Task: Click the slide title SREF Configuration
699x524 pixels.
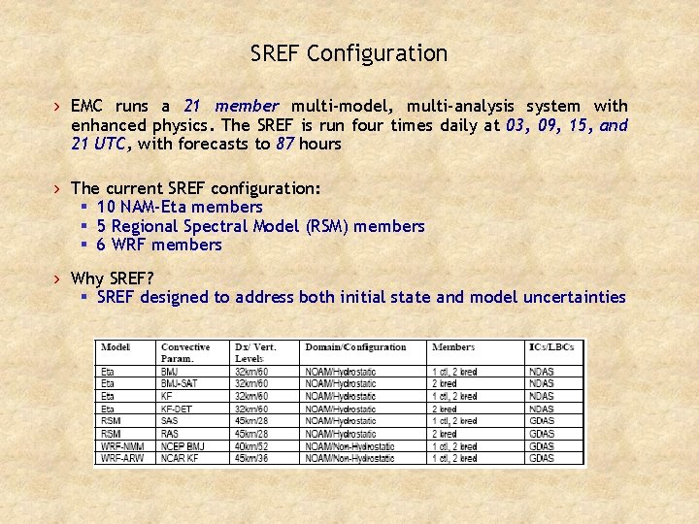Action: click(x=349, y=53)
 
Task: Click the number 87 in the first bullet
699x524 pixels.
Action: click(x=285, y=144)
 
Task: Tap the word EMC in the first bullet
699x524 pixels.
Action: click(x=88, y=106)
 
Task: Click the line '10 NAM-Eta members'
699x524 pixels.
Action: click(x=180, y=207)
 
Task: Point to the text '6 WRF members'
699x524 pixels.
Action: click(x=159, y=245)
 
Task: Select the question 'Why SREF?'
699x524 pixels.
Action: click(x=113, y=278)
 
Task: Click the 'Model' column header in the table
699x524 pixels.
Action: click(x=116, y=347)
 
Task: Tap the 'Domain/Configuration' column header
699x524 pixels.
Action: click(x=355, y=347)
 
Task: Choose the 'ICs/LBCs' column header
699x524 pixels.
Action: click(x=550, y=347)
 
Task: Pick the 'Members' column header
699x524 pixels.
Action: click(x=453, y=347)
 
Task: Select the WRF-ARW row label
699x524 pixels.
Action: click(x=121, y=458)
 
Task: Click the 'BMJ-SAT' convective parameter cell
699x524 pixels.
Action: click(x=179, y=383)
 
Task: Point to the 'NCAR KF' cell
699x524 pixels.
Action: click(x=180, y=458)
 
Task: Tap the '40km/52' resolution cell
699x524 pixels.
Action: click(x=252, y=445)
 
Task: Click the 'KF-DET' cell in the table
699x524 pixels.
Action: click(x=176, y=409)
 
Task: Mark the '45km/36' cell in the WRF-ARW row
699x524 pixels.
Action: click(x=252, y=458)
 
